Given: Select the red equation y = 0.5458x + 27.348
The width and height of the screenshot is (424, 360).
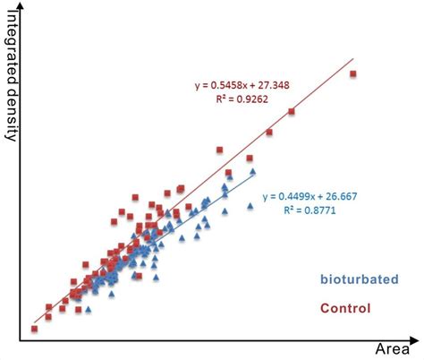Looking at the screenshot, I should tap(255, 86).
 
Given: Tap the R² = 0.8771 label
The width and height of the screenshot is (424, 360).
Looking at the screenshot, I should tap(304, 212).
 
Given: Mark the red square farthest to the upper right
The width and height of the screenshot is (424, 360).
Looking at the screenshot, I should tap(352, 73).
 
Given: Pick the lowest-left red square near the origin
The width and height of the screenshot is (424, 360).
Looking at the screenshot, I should tap(35, 329).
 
